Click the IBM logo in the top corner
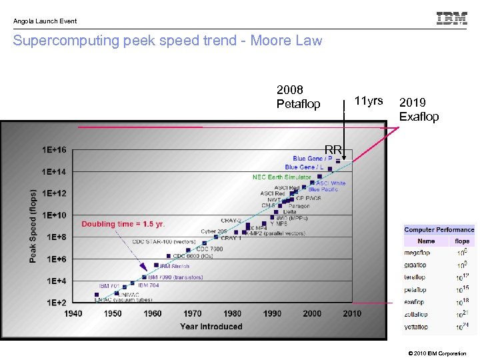451,19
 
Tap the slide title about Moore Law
167,41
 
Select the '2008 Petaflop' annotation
298,97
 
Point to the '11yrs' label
369,101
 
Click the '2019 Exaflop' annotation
419,109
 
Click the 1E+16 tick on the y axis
54,150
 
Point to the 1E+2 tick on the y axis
55,303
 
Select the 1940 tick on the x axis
73,313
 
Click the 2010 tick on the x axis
352,313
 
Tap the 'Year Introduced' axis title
211,327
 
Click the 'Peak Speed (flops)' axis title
33,226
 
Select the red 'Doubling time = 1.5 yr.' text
123,224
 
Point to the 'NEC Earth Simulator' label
281,177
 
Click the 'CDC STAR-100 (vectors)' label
163,241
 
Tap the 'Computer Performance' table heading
439,230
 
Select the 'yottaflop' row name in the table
416,327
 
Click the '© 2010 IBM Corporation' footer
437,353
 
